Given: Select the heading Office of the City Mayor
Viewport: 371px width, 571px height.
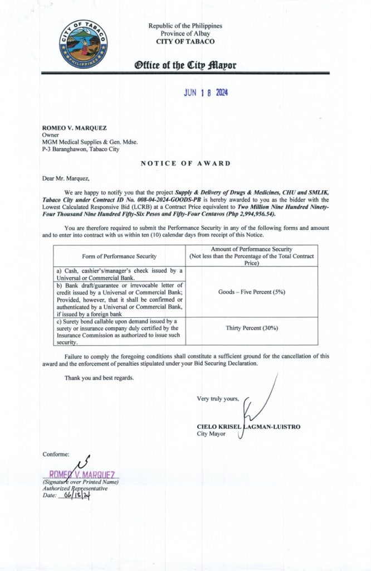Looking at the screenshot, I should click(x=185, y=65).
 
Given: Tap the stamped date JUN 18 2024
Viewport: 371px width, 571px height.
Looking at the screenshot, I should click(x=206, y=93).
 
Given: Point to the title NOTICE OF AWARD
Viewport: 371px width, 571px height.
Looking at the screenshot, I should click(x=185, y=163).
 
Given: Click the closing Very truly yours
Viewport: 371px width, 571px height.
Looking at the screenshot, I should click(x=218, y=398).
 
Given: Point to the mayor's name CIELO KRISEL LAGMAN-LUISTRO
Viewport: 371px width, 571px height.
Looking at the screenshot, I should click(x=248, y=427).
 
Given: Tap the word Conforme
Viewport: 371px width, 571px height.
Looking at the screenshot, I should click(x=56, y=454).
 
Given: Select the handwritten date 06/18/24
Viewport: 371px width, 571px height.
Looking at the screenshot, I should click(x=75, y=494).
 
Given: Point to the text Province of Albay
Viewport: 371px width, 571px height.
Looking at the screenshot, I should click(x=185, y=33).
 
